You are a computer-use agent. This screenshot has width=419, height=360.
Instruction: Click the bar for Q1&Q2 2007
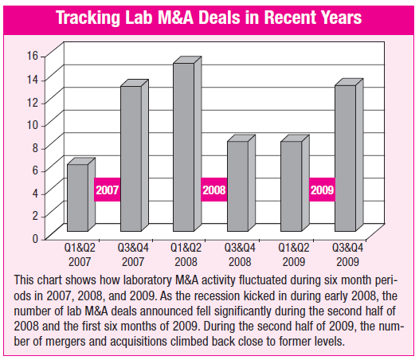pyautogui.click(x=81, y=194)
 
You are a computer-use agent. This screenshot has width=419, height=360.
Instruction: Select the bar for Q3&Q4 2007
pyautogui.click(x=135, y=155)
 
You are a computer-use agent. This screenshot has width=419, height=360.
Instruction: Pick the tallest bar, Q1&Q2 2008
pyautogui.click(x=187, y=144)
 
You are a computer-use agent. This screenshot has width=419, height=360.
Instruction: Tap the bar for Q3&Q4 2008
pyautogui.click(x=241, y=183)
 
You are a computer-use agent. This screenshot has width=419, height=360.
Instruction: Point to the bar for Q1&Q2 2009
pyautogui.click(x=295, y=183)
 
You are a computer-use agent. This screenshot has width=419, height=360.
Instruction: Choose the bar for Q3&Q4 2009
pyautogui.click(x=349, y=155)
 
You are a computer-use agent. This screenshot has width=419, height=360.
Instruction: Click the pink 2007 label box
pyautogui.click(x=108, y=190)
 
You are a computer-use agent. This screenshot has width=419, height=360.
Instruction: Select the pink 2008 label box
pyautogui.click(x=214, y=190)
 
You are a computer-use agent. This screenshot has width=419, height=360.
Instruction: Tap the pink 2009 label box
pyautogui.click(x=322, y=190)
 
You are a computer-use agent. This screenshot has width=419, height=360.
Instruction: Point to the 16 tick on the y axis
pyautogui.click(x=33, y=56)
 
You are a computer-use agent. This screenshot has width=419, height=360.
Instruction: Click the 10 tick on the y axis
pyautogui.click(x=33, y=124)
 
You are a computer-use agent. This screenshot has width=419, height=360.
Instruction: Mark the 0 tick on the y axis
pyautogui.click(x=36, y=238)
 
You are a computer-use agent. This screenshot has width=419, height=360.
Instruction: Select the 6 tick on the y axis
pyautogui.click(x=36, y=170)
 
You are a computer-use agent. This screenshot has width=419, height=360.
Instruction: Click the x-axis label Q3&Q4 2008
pyautogui.click(x=240, y=255)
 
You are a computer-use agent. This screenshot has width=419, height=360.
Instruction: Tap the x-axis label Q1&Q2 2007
pyautogui.click(x=80, y=255)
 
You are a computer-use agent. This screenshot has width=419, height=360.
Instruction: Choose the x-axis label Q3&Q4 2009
pyautogui.click(x=347, y=255)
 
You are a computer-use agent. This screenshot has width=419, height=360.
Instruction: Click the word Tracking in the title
pyautogui.click(x=88, y=18)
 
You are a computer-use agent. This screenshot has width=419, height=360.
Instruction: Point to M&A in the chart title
pyautogui.click(x=175, y=18)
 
